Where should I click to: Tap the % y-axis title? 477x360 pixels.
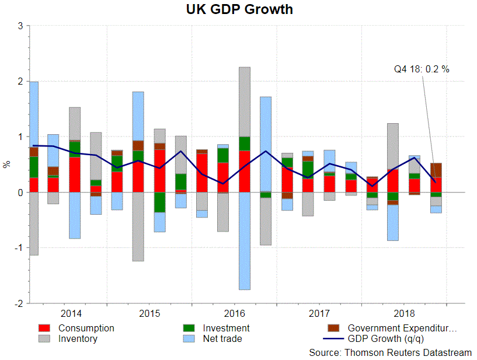(7, 165)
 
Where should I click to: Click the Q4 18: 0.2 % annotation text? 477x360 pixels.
(422, 69)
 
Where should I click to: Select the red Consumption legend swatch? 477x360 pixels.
(46, 328)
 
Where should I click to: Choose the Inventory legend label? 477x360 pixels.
(78, 338)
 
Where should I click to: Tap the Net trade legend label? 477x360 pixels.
(222, 338)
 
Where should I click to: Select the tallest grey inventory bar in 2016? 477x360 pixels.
(245, 102)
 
